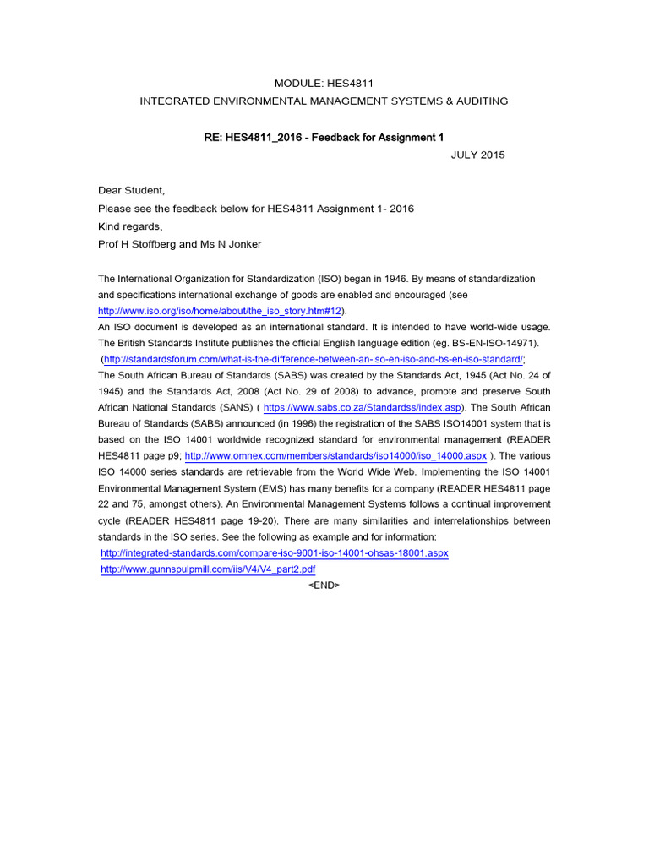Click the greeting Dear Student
coord(132,191)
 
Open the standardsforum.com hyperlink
coord(314,359)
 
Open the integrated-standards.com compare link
coord(274,552)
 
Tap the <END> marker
coord(324,585)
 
